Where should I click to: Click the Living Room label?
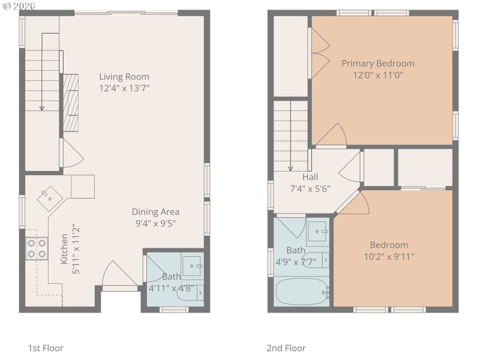[124, 77]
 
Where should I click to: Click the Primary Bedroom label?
[377, 64]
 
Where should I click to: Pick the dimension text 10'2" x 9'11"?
[388, 256]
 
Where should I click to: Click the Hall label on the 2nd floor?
[310, 177]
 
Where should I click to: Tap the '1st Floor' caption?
[46, 348]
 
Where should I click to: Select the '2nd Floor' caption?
[286, 348]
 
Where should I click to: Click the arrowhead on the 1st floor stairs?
[42, 108]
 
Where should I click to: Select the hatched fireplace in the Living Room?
[71, 102]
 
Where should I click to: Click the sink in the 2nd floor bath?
[317, 230]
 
